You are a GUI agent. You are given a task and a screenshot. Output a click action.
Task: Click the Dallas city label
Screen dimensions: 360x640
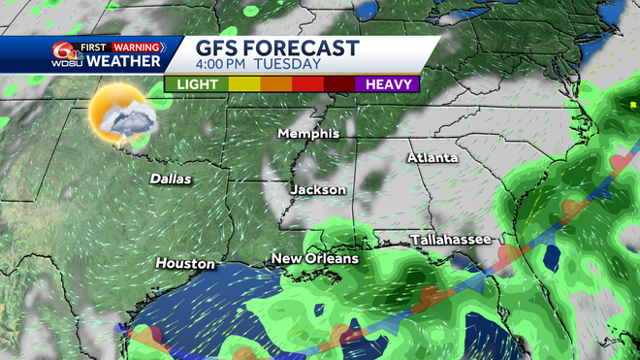point(171,179)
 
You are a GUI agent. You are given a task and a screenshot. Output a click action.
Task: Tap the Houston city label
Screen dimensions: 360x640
point(185,263)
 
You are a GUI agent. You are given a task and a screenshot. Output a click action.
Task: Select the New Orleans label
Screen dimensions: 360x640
point(314,259)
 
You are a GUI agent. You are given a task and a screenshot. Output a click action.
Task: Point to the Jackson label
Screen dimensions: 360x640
point(318,189)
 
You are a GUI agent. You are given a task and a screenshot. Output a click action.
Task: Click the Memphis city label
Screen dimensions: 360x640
point(308,133)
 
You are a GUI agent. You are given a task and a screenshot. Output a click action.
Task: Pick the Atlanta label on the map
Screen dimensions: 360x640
point(432,157)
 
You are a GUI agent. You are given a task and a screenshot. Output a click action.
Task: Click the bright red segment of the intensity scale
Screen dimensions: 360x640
point(307,83)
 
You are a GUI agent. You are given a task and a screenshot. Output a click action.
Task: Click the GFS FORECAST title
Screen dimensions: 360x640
point(277,49)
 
